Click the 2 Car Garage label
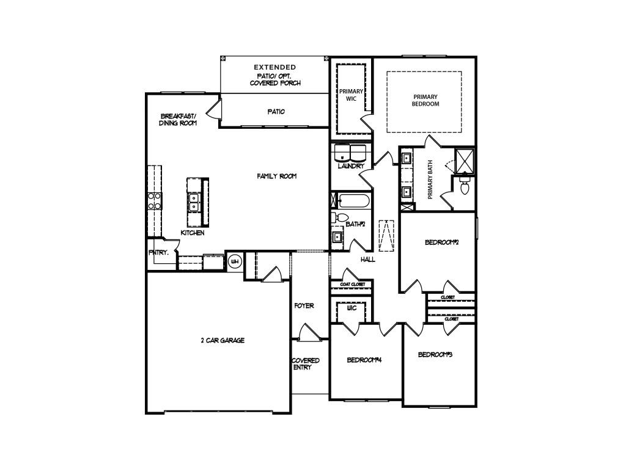click(x=223, y=341)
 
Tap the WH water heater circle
click(x=234, y=262)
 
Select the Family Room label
click(x=276, y=176)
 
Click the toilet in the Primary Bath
click(x=463, y=186)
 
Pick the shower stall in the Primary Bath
click(x=464, y=160)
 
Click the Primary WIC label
click(x=351, y=95)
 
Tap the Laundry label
click(x=351, y=166)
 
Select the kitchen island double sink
click(x=194, y=202)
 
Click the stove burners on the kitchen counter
click(x=154, y=201)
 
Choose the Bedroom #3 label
click(x=438, y=355)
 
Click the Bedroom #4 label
click(x=364, y=360)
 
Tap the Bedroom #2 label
click(x=442, y=242)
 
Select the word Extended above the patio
click(x=275, y=67)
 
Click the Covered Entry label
click(x=305, y=364)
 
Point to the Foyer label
click(x=304, y=305)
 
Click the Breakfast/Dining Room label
click(x=178, y=119)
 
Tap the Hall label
click(x=367, y=260)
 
